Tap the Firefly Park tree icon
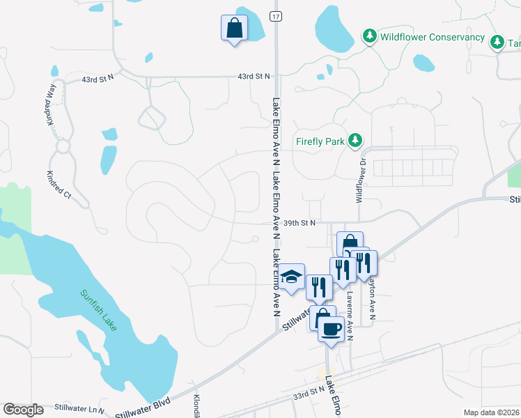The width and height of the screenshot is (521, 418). coord(355,141)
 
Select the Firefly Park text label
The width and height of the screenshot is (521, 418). coord(320,141)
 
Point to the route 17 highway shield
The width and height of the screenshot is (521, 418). coord(277,16)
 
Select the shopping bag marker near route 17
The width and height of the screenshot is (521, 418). coord(234,29)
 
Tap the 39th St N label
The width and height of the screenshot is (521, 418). coord(300,223)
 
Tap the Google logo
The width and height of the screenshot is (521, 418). coord(24,410)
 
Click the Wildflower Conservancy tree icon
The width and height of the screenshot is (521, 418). coord(369,36)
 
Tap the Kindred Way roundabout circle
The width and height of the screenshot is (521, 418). coord(63,147)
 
